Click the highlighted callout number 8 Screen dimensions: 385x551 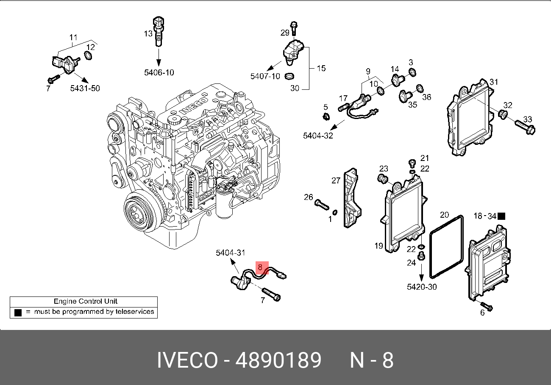(260, 268)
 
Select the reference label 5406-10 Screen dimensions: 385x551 (159, 72)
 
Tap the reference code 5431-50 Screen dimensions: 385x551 (85, 88)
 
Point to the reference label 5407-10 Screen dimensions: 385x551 (265, 76)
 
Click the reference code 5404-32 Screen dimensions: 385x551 (318, 136)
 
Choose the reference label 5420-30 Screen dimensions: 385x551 (422, 287)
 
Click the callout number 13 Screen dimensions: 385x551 (147, 33)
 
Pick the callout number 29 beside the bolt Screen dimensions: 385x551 (285, 32)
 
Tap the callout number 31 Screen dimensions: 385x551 (494, 82)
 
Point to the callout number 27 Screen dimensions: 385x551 (336, 181)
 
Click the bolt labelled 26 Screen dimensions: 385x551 (322, 206)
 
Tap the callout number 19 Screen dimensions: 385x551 (378, 245)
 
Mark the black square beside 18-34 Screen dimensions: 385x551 (501, 216)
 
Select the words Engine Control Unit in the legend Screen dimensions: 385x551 (86, 302)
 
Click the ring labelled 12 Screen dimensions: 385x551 (89, 56)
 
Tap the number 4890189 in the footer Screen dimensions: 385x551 (278, 361)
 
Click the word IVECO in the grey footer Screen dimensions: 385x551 (187, 361)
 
